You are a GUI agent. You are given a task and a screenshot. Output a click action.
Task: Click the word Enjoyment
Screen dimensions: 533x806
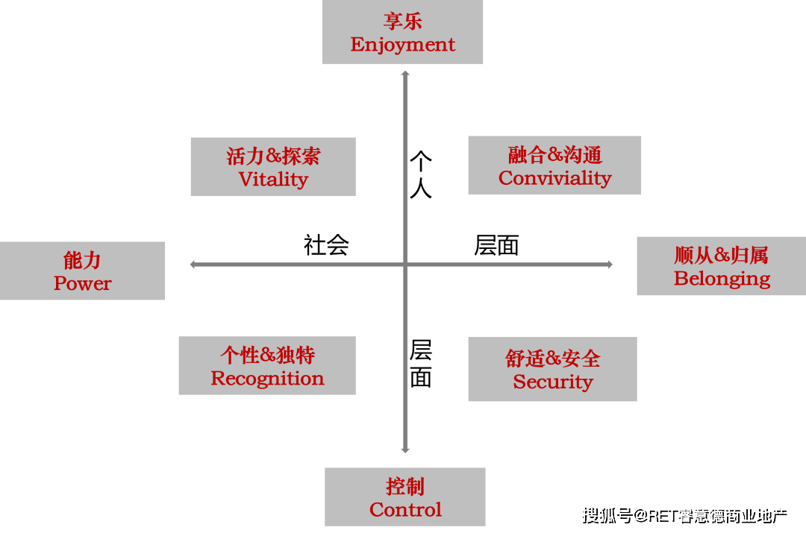[x=402, y=45]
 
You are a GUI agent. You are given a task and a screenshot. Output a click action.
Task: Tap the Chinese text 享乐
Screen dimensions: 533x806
[x=402, y=21]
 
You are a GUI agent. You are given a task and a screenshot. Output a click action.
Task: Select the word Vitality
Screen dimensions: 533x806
[x=273, y=180]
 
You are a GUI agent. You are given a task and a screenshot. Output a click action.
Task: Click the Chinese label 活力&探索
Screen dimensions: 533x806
[x=273, y=157]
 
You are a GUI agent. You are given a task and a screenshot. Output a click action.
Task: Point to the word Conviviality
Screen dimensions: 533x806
[x=554, y=178]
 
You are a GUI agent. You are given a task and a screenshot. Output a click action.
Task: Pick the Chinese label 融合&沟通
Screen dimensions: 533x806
[x=554, y=155]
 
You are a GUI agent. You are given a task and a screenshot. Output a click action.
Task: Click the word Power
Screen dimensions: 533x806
[x=82, y=284]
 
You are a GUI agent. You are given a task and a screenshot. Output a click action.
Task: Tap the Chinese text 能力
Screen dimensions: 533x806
[x=82, y=261]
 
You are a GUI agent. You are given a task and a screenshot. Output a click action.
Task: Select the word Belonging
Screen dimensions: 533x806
[x=722, y=279]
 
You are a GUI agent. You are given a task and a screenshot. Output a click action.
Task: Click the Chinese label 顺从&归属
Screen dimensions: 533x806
[x=721, y=256]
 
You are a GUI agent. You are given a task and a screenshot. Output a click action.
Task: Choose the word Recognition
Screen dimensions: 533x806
[x=267, y=379]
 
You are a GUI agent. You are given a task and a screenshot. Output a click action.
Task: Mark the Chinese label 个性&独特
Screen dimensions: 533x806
[x=267, y=355]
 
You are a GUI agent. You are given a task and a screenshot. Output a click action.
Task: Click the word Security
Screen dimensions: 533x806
[x=552, y=382]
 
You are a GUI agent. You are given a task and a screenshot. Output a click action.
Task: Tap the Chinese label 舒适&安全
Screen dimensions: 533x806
[x=552, y=359]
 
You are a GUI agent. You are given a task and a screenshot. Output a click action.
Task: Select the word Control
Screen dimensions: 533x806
[x=405, y=510]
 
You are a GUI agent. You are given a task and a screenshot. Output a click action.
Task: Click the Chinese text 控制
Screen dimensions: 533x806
[x=405, y=487]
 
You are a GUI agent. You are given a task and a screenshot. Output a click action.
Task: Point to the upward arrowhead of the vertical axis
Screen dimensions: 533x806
[x=405, y=74]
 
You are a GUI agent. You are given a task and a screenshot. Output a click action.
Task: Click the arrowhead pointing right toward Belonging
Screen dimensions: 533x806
[x=610, y=264]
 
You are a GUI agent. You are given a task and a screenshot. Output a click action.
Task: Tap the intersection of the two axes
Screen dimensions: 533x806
[x=405, y=264]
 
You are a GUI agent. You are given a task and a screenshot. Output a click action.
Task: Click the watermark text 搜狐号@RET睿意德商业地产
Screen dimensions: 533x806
[x=683, y=514]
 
